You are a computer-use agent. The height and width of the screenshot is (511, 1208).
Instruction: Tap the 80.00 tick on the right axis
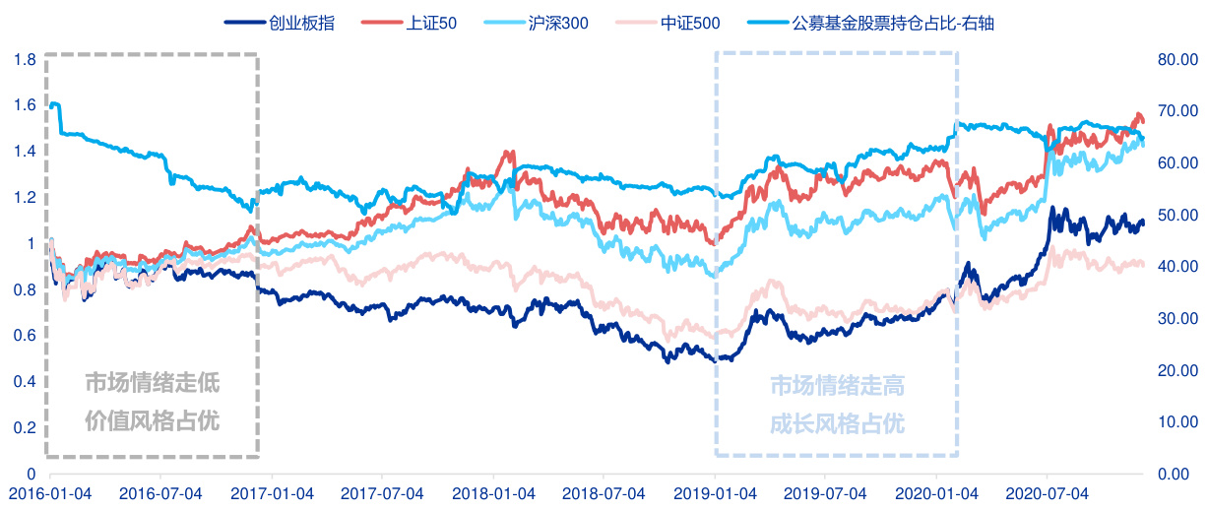(x=1177, y=60)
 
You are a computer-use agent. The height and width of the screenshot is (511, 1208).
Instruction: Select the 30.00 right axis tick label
(x=1177, y=319)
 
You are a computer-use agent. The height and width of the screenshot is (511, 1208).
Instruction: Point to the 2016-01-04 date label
(x=47, y=491)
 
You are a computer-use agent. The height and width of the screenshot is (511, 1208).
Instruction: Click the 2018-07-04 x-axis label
(x=604, y=491)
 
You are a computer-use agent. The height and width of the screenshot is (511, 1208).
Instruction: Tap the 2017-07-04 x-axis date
(x=381, y=491)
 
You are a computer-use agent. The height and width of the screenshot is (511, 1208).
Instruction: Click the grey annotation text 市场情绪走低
(x=152, y=382)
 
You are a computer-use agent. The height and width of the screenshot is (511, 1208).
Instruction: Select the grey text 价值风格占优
(x=152, y=421)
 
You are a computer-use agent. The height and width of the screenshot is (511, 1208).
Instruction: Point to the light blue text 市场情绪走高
(x=836, y=385)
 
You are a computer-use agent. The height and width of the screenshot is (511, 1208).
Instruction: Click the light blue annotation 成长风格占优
(x=836, y=424)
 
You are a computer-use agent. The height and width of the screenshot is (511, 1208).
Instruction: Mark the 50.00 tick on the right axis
(x=1177, y=216)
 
